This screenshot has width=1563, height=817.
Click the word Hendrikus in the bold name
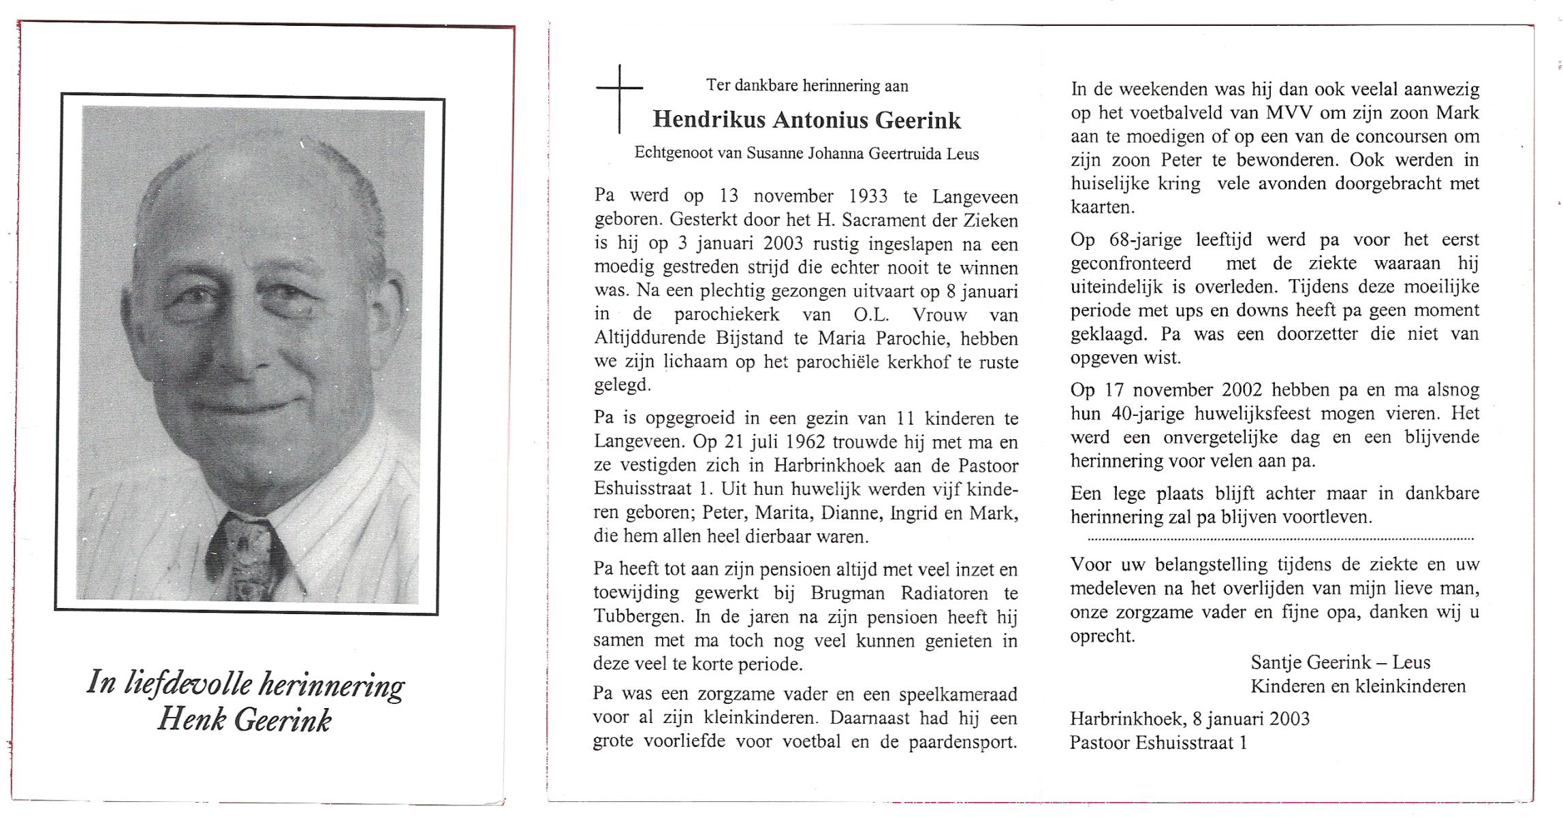(708, 121)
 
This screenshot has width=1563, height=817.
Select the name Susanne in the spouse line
(776, 154)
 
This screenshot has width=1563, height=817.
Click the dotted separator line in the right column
(1280, 539)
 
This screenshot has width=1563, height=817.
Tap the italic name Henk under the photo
(191, 720)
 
